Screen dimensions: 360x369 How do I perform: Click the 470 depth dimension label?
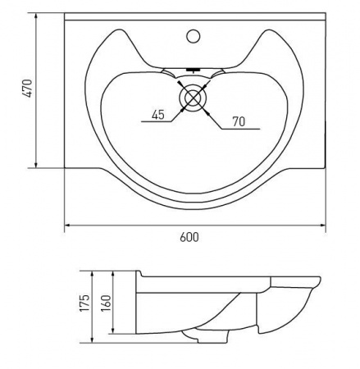(x=28, y=89)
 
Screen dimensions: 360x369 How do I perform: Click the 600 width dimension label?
(x=189, y=237)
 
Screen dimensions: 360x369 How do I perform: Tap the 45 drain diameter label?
(x=158, y=115)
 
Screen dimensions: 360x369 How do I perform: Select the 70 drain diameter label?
(x=239, y=121)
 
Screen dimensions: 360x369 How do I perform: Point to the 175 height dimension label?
(x=85, y=303)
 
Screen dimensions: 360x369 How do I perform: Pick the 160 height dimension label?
(x=107, y=303)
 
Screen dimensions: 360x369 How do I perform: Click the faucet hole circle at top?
(x=194, y=36)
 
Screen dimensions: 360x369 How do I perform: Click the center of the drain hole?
(x=194, y=98)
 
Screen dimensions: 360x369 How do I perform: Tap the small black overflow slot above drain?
(x=194, y=70)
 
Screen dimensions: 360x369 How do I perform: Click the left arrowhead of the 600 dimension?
(x=67, y=225)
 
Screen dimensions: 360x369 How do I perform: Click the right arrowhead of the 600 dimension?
(x=323, y=225)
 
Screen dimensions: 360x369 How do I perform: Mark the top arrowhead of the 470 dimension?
(x=36, y=16)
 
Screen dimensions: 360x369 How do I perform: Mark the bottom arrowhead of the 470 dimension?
(x=36, y=165)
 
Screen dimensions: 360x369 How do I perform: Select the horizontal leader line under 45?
(x=157, y=121)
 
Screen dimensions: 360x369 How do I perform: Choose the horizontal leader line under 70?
(x=240, y=129)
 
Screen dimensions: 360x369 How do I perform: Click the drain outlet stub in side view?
(x=212, y=337)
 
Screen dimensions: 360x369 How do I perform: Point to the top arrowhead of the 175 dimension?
(x=93, y=274)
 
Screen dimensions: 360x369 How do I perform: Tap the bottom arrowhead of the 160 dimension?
(x=113, y=330)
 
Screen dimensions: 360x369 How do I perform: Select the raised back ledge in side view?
(x=139, y=274)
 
